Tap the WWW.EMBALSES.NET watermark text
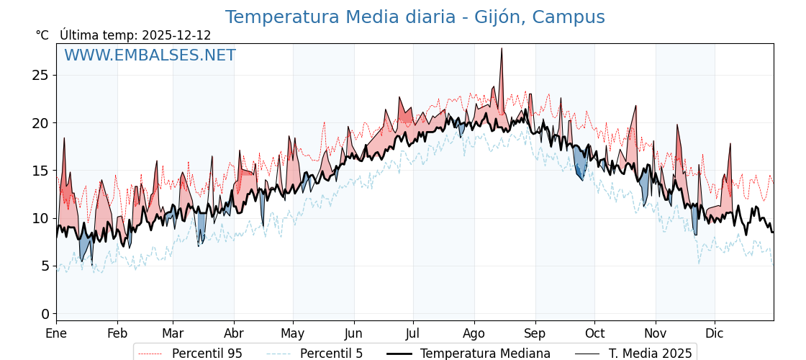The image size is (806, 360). tap(150, 55)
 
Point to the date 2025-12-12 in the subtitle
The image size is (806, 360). tap(176, 35)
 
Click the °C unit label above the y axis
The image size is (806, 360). tap(42, 35)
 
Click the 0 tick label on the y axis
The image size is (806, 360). tap(45, 314)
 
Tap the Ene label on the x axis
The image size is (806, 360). tap(56, 333)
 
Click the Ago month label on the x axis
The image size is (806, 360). tap(474, 333)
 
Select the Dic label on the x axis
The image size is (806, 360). tap(715, 333)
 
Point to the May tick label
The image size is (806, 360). tap(293, 333)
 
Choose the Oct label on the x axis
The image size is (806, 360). tap(594, 333)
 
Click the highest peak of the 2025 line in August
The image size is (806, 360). tap(501, 49)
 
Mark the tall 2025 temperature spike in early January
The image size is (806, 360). tap(64, 138)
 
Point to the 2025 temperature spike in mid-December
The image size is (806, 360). tap(730, 144)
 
